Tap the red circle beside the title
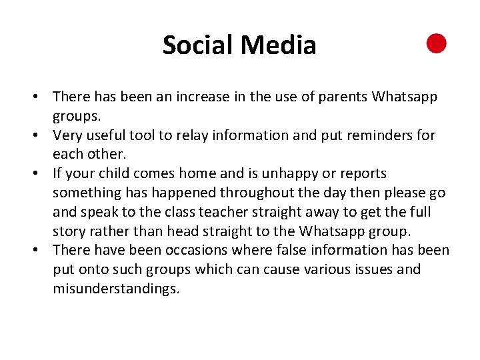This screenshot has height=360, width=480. click(x=437, y=44)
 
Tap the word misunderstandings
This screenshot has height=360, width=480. click(x=116, y=289)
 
